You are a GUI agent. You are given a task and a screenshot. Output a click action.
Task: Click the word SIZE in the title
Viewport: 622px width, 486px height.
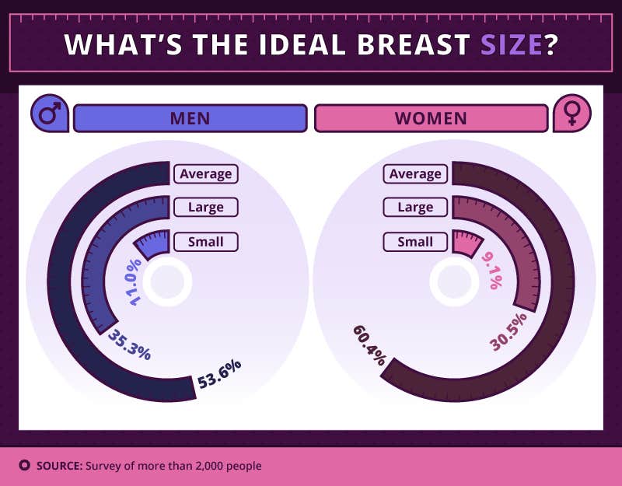click(510, 44)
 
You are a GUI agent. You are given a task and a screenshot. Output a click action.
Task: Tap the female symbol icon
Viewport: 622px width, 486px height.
click(571, 116)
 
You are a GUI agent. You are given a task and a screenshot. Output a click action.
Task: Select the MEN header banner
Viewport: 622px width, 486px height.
click(190, 118)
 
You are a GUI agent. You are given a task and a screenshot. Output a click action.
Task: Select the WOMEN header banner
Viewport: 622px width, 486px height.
click(431, 118)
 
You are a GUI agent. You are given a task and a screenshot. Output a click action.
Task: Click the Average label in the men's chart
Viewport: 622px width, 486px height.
click(205, 173)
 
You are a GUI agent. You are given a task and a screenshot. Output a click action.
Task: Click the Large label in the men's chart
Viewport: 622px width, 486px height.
click(205, 208)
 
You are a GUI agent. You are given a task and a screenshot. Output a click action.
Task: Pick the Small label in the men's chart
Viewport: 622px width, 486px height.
click(205, 242)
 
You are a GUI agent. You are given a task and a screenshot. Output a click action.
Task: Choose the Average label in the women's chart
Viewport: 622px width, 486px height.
click(415, 173)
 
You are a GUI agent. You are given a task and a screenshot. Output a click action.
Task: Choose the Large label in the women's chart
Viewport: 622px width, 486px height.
click(415, 208)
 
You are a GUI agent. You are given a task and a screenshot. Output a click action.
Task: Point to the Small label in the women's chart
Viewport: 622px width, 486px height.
click(415, 242)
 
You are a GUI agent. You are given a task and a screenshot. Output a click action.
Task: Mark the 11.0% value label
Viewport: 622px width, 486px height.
click(131, 282)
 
